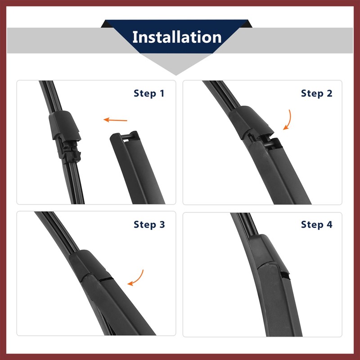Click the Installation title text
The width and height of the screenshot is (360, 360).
176,37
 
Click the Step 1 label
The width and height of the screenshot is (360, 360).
148,94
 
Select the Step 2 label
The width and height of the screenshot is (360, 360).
316,94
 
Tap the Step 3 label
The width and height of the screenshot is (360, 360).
148,225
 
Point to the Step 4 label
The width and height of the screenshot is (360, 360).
316,225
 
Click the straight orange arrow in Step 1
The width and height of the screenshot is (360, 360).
116,120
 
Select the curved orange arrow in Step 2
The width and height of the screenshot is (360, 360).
288,119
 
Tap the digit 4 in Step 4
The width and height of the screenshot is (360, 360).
329,225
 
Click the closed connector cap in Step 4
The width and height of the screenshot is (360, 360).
263,252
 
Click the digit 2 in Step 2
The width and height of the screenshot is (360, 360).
329,94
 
